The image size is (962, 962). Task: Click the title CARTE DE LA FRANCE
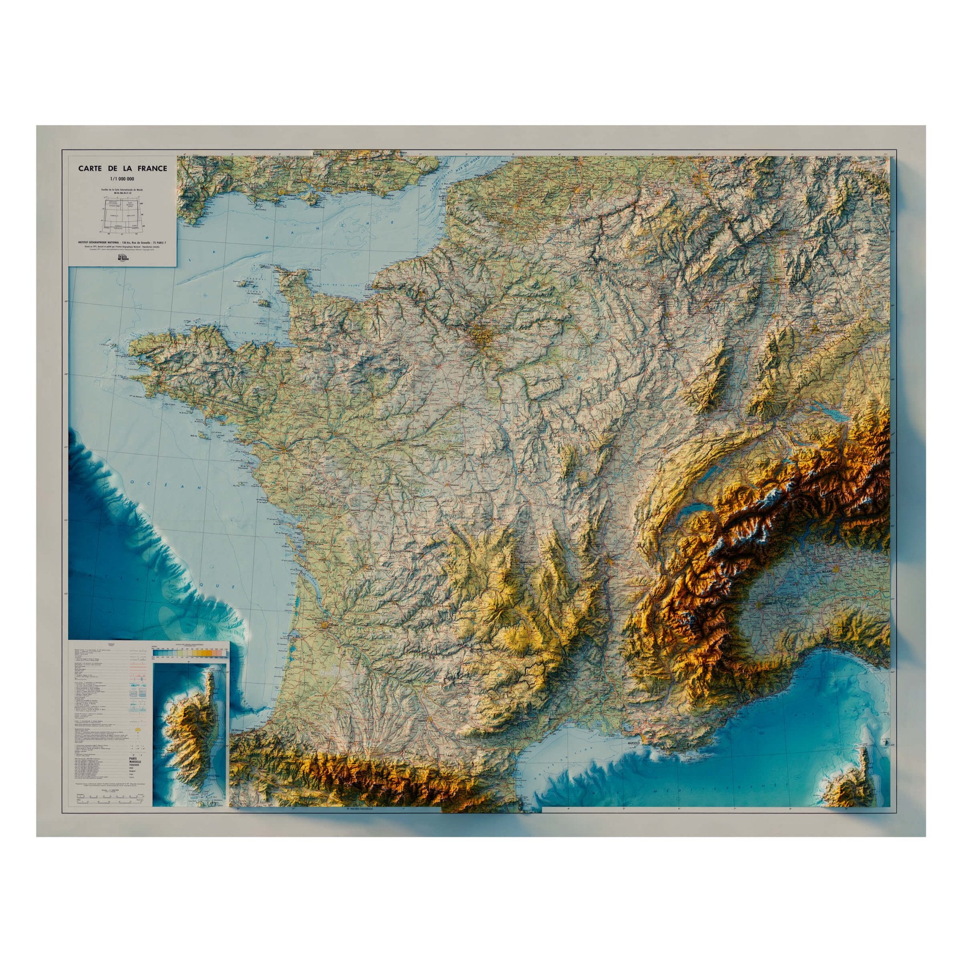123,169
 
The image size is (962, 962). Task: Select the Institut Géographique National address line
123,242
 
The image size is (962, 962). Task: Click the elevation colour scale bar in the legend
189,652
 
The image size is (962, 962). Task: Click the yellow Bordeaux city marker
325,623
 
